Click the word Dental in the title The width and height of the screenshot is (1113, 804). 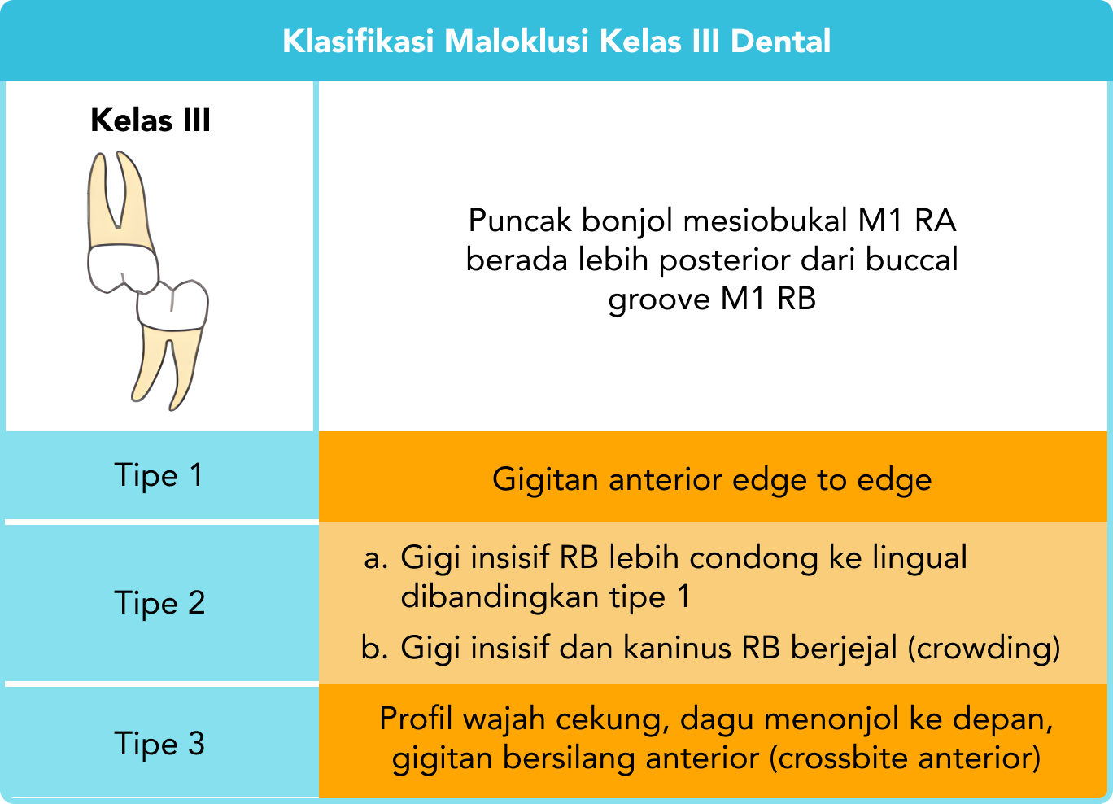coord(780,41)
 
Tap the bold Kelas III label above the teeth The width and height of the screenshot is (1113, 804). coord(151,120)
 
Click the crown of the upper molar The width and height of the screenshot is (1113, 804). coord(122,266)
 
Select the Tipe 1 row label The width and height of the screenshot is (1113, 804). coord(158,475)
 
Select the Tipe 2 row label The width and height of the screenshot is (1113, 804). coord(159,603)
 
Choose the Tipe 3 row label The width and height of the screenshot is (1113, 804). coord(159,744)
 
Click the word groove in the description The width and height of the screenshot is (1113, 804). coord(659,299)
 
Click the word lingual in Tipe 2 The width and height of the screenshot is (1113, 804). coord(920,558)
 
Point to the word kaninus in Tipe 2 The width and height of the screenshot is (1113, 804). coord(677,648)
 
